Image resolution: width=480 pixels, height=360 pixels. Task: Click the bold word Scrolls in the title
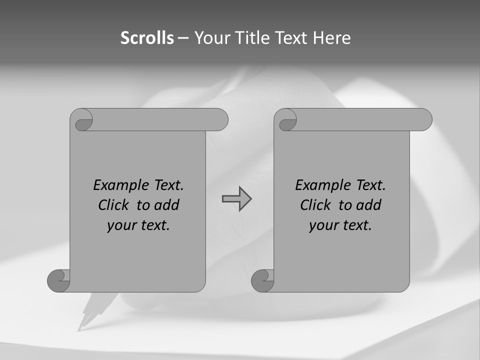pos(147,38)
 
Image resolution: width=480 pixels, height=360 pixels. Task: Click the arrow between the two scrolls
pos(236,198)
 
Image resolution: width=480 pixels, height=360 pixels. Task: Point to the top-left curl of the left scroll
pos(81,120)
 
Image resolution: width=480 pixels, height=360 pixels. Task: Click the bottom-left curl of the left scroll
pos(58,280)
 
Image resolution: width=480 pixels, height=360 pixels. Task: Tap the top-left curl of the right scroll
pos(285,120)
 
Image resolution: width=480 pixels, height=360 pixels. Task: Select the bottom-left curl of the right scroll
pos(262,280)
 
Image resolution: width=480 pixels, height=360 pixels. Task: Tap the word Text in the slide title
pos(290,38)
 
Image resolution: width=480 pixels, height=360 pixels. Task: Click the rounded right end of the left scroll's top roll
pos(220,120)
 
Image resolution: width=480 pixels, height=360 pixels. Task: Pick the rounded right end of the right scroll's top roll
pos(424,120)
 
